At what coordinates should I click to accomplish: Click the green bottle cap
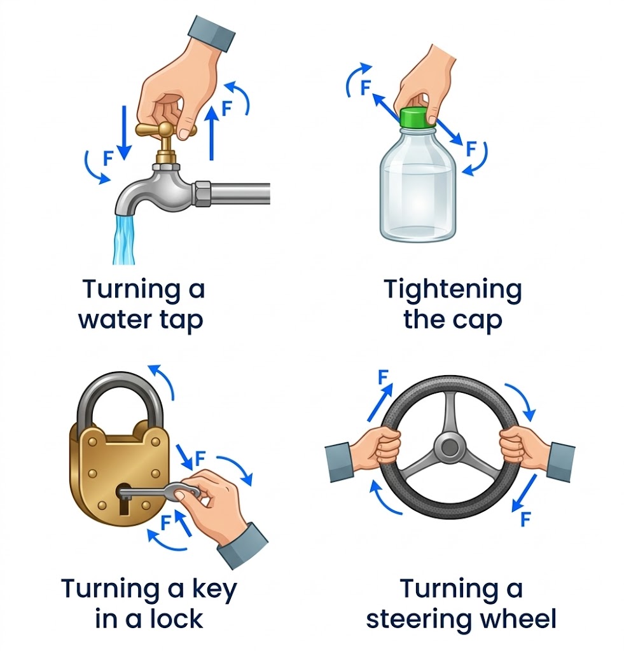pyautogui.click(x=418, y=117)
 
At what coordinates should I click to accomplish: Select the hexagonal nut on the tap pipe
pyautogui.click(x=203, y=194)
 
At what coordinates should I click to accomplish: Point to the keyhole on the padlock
pyautogui.click(x=123, y=499)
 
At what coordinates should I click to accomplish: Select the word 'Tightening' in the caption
pyautogui.click(x=453, y=290)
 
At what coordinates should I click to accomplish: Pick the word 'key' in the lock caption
pyautogui.click(x=214, y=589)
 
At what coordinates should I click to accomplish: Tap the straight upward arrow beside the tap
pyautogui.click(x=212, y=132)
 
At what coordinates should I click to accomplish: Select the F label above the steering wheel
pyautogui.click(x=383, y=378)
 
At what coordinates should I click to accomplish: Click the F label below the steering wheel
pyautogui.click(x=525, y=519)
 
